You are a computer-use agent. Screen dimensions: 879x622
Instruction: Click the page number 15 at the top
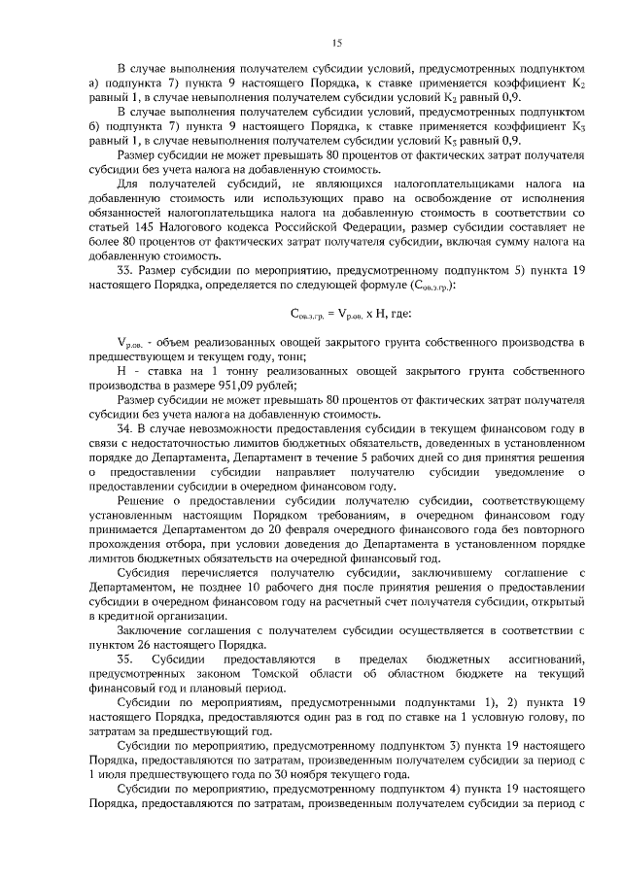[x=338, y=43]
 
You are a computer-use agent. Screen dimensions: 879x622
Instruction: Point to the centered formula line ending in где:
[x=351, y=313]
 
